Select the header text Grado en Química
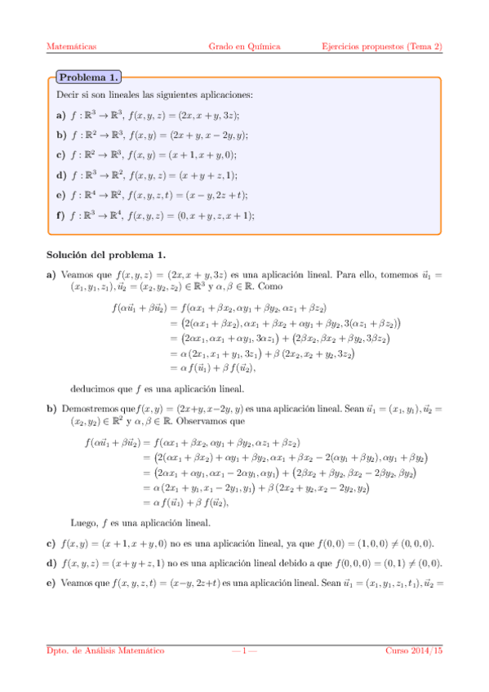244,47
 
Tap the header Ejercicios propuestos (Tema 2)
382,47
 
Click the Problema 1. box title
88,78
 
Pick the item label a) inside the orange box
61,116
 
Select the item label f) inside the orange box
61,215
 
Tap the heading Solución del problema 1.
106,254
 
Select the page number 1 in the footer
244,650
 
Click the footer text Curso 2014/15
414,650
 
